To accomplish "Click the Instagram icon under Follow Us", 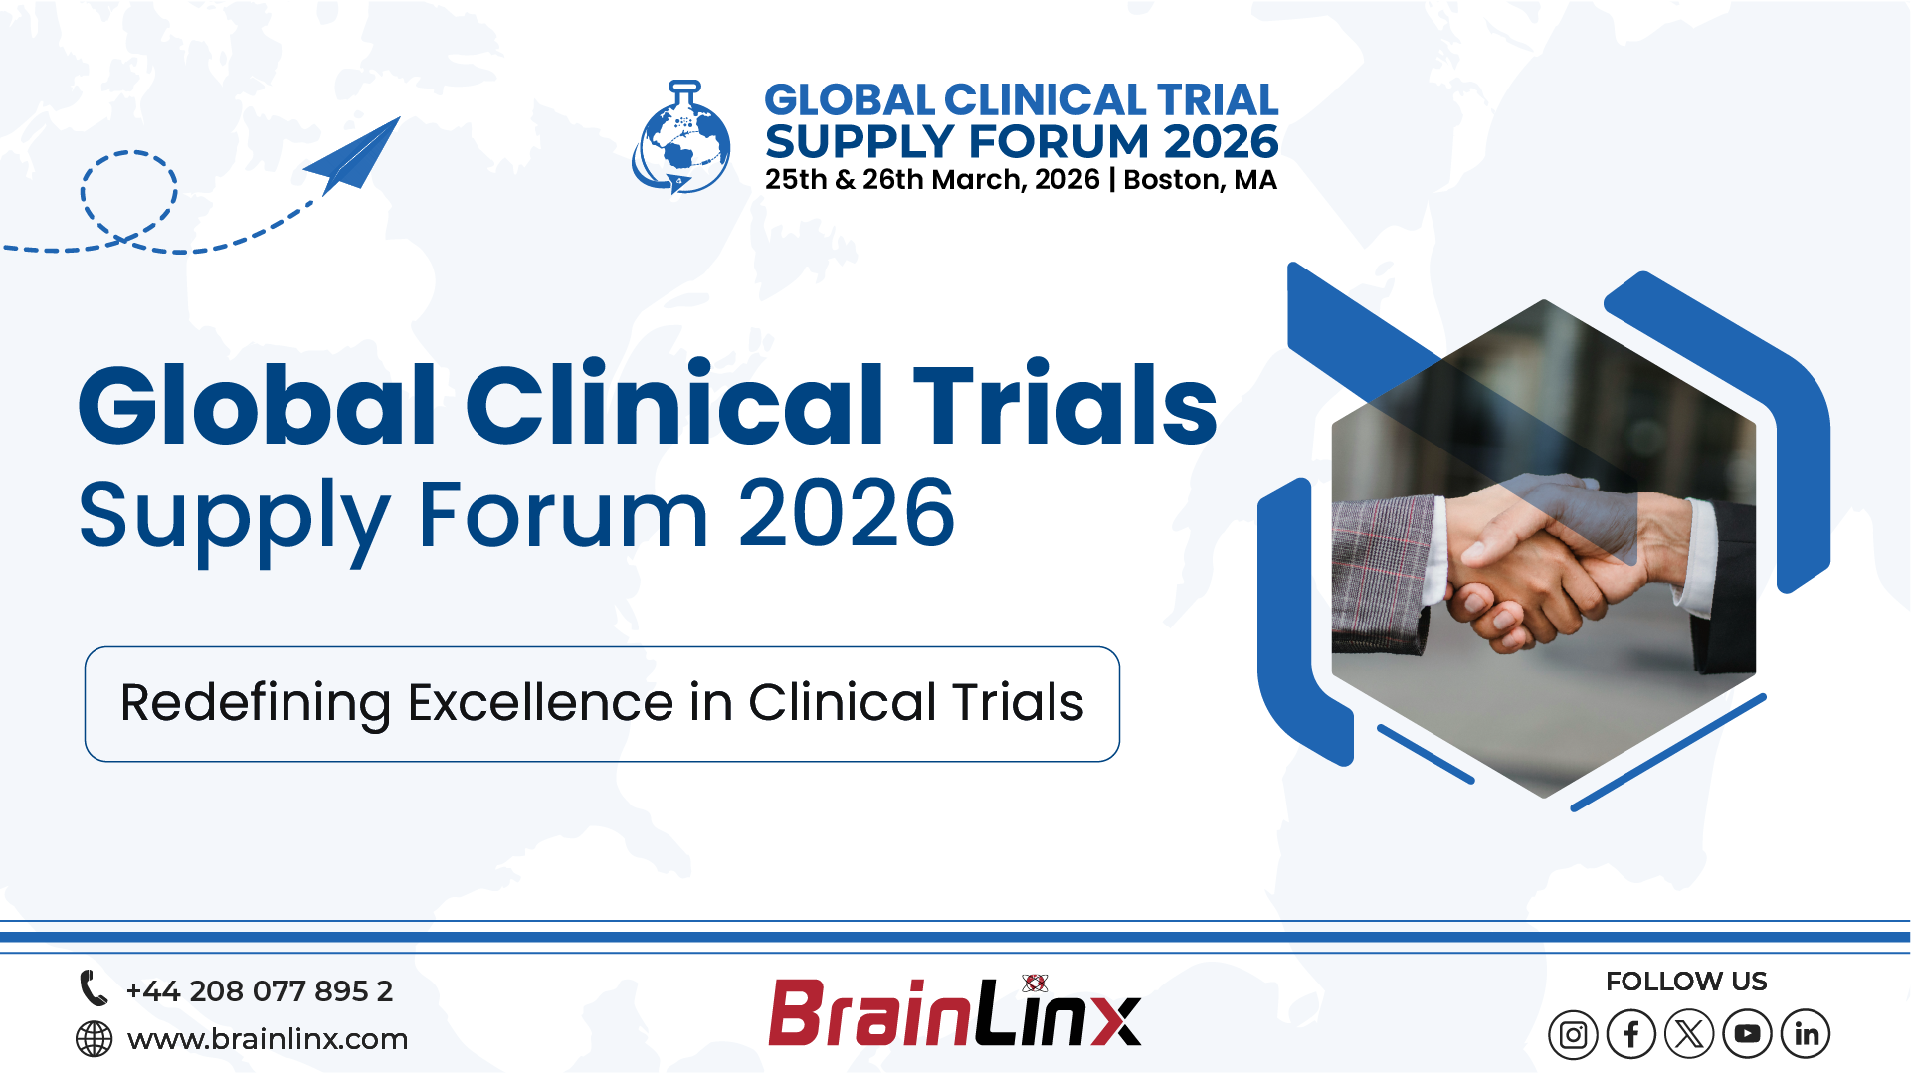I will (1573, 1035).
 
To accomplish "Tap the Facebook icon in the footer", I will (1631, 1035).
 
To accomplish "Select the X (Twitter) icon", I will (1689, 1035).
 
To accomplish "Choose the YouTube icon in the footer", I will (1747, 1035).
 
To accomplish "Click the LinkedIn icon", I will (1806, 1035).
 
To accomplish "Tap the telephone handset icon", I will (94, 988).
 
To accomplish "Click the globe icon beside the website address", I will (95, 1039).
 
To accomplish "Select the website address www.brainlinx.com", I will (268, 1039).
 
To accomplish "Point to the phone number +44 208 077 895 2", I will (260, 991).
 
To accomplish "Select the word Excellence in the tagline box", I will (540, 703).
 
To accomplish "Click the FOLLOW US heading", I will (1686, 982).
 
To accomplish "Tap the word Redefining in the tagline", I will (256, 703).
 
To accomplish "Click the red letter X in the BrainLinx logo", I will (1114, 1018).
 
